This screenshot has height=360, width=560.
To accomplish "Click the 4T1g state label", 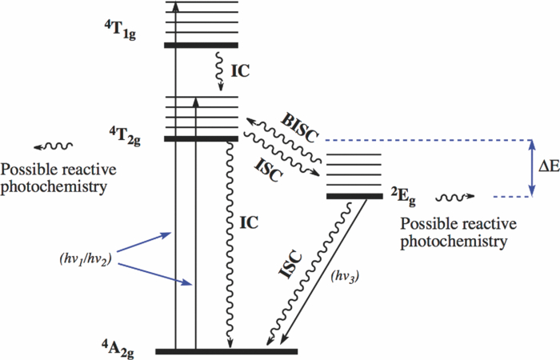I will [x=114, y=35].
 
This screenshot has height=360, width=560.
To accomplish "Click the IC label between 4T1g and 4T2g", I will [x=242, y=70].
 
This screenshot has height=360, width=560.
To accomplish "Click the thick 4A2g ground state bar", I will [x=226, y=351].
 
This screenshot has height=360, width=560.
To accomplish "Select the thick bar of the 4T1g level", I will [x=202, y=45].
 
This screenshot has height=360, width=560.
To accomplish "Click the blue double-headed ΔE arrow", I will [x=531, y=168].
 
